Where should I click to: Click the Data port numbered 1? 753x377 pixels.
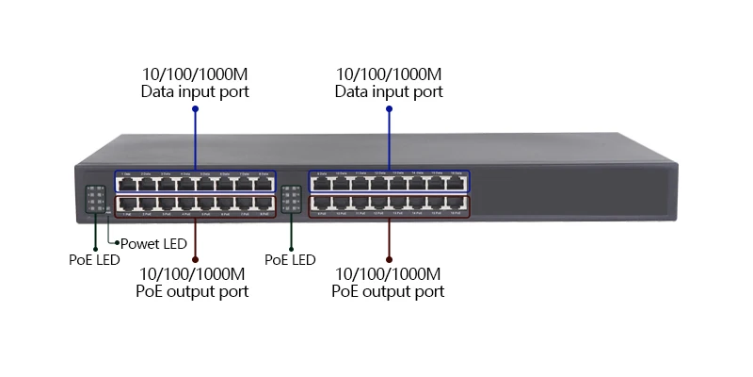[127, 183]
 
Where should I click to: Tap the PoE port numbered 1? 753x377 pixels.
[127, 204]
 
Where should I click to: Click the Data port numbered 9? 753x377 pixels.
[322, 183]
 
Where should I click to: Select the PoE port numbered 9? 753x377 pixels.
[322, 204]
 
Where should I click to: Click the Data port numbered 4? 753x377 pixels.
[186, 183]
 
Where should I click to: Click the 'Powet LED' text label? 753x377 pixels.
[153, 243]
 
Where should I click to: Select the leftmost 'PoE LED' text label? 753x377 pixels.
[94, 260]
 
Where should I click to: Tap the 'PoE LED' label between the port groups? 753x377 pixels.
[290, 259]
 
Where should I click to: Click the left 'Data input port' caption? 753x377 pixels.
[195, 92]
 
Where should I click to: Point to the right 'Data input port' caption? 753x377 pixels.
[389, 92]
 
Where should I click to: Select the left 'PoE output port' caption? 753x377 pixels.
[193, 292]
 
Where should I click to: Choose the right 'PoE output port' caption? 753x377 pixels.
[388, 292]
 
